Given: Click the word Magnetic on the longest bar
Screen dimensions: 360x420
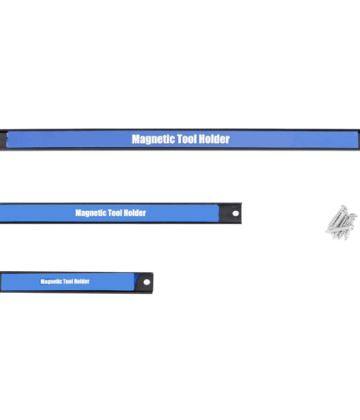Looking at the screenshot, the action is coord(153,139).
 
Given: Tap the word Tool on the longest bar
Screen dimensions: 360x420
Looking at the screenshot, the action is coord(188,139).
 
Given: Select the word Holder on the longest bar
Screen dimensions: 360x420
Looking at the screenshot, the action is coord(215,139).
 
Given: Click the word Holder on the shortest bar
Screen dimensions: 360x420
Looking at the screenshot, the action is coord(82,281).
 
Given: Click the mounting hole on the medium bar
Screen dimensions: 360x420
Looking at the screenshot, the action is coord(235,213).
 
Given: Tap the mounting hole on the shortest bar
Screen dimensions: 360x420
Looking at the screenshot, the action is coord(147,282).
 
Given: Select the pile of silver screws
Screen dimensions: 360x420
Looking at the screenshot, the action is coord(342,223).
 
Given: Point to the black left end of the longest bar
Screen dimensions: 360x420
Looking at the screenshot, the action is coord(3,140).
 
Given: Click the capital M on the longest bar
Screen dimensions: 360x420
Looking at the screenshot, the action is coord(136,139).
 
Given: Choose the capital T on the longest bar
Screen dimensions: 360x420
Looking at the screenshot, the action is coord(180,139).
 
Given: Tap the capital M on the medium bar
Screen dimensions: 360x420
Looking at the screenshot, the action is coord(78,213).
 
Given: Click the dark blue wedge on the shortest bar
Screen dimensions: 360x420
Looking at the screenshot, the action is coord(136,281).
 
